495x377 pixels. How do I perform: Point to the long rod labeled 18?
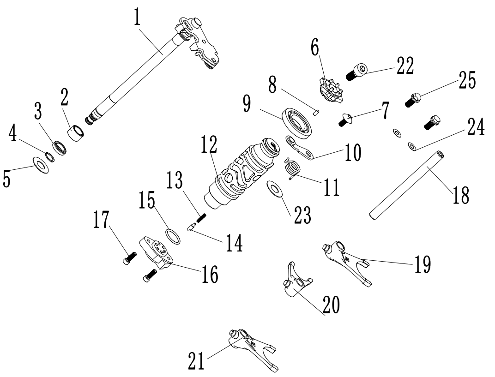point(404,184)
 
